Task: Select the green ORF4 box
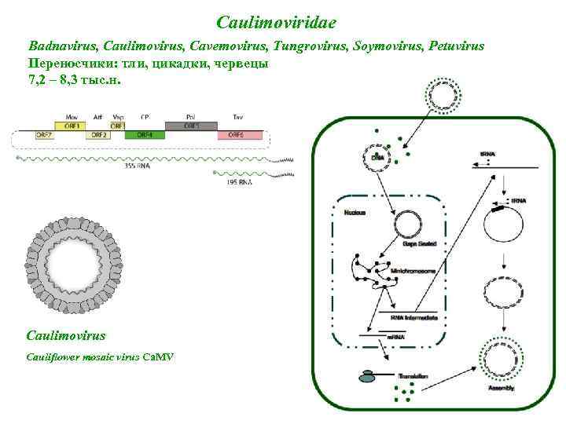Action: (x=145, y=135)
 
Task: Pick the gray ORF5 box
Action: (x=191, y=125)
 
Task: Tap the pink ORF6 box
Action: (x=237, y=135)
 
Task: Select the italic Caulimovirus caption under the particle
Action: (x=66, y=335)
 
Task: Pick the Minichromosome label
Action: (x=413, y=270)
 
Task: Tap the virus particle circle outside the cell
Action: (x=442, y=95)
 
